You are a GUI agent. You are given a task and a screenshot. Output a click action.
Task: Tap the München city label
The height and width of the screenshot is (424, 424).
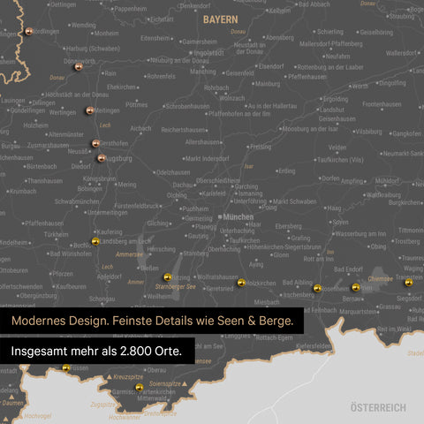[238, 216]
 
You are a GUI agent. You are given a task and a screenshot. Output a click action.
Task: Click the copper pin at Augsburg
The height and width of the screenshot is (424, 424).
[102, 159]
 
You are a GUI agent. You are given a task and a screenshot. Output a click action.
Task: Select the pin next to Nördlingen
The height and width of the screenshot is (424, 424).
[29, 31]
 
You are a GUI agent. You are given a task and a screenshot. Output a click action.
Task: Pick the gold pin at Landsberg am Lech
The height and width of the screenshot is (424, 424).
[95, 241]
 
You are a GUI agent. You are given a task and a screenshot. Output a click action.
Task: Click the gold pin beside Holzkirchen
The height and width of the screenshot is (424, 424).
[241, 283]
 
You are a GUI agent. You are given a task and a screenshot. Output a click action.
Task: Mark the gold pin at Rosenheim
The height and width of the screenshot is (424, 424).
[317, 288]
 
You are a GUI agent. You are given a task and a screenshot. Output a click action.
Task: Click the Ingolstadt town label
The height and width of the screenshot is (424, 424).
[208, 52]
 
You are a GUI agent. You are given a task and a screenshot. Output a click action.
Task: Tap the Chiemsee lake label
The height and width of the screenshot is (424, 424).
[380, 277]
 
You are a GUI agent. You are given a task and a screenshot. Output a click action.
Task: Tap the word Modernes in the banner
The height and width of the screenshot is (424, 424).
[42, 322]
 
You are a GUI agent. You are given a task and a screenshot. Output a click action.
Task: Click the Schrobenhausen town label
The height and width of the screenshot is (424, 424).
[187, 105]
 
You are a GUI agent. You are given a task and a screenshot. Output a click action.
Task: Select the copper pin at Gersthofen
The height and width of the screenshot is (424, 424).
[95, 142]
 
